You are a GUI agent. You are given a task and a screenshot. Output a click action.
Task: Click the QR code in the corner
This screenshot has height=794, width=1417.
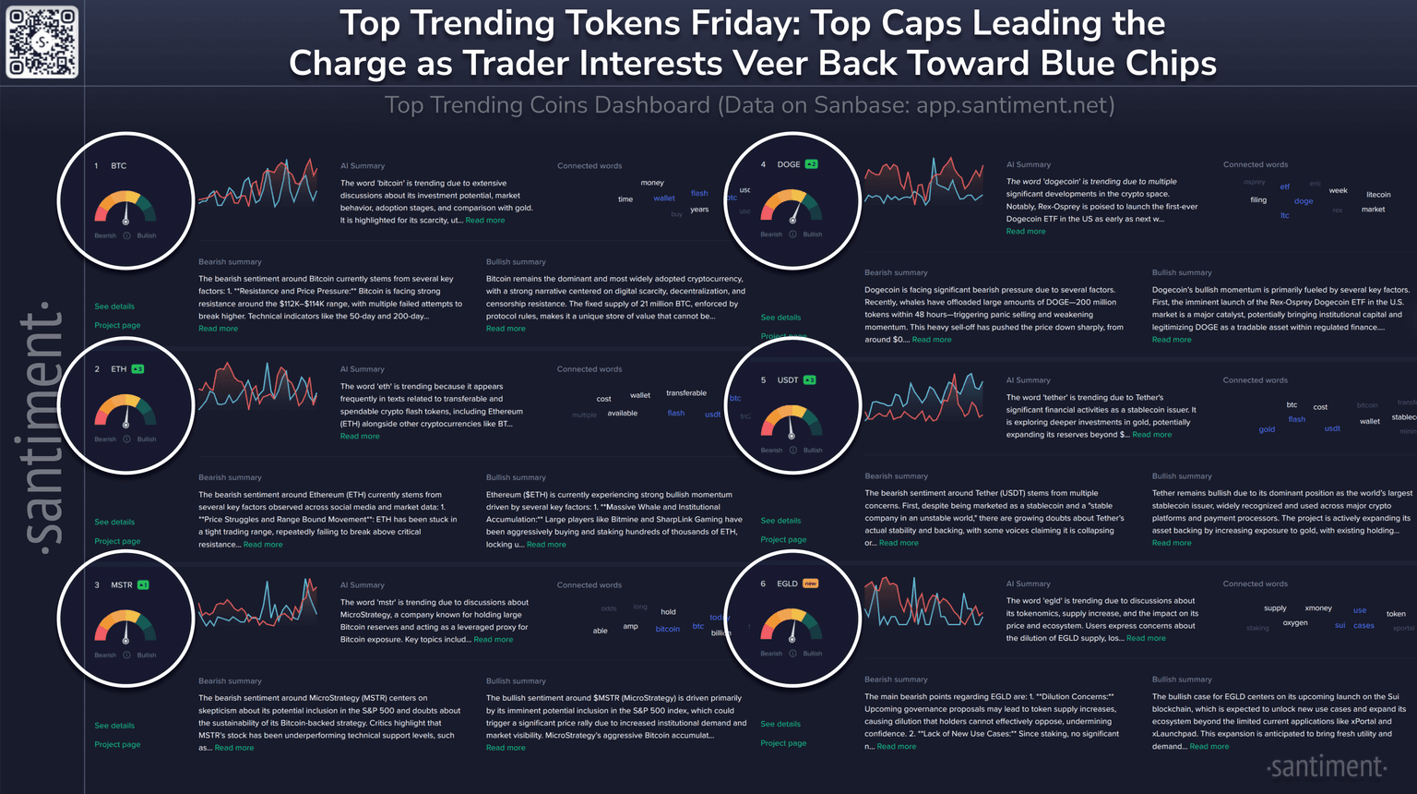coord(42,42)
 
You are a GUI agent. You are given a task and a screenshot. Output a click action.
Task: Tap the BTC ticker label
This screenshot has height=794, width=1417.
coord(119,166)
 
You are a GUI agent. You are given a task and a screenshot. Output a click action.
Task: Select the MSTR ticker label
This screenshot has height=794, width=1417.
coord(122,585)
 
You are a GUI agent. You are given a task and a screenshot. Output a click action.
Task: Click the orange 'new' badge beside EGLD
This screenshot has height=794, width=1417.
coord(810,583)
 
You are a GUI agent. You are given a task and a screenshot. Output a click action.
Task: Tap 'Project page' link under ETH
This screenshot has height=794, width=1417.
coord(117,541)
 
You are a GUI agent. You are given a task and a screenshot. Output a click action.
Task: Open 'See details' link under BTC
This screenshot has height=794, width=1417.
coord(114,307)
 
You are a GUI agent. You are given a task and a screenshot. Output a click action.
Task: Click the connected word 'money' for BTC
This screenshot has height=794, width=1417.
coord(652,183)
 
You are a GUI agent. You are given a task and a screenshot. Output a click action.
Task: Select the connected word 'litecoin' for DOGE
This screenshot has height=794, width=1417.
coord(1378,195)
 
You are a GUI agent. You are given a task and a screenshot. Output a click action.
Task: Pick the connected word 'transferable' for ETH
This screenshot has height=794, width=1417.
coord(686,393)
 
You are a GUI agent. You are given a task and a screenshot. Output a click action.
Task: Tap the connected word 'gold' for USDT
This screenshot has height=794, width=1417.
coord(1267,429)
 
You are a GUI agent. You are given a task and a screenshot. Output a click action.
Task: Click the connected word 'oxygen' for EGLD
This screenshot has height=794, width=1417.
coord(1295,623)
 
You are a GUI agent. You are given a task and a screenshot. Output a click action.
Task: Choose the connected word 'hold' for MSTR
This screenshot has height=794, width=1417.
coord(668,612)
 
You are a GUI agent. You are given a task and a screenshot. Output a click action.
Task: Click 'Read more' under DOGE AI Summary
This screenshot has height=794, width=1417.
coord(1026,232)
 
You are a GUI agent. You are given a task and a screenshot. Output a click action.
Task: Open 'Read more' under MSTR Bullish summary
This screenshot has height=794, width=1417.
coord(506,748)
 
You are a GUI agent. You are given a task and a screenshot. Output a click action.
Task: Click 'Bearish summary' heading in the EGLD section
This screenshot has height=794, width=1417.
coord(896,680)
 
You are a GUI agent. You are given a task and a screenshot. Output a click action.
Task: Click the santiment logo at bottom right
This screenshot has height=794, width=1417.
coord(1327,767)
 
